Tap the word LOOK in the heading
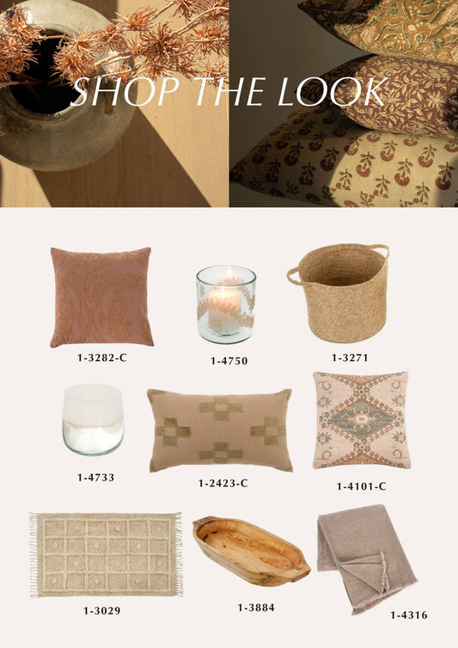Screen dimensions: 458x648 (333, 92)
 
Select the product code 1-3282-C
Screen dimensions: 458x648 (101, 358)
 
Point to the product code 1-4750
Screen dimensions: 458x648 (229, 361)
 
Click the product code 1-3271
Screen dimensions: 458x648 (350, 358)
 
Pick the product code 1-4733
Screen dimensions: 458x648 (95, 477)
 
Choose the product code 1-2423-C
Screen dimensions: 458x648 (223, 483)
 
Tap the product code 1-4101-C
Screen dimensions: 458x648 (361, 486)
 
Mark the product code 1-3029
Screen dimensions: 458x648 (101, 611)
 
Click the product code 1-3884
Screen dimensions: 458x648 (256, 608)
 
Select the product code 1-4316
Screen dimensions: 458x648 (409, 615)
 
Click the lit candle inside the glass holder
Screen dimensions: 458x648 (224, 308)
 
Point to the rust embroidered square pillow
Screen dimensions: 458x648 (101, 297)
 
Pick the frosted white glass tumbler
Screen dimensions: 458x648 (94, 419)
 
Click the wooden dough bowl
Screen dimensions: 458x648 (251, 551)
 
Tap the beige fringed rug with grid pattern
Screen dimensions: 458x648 (106, 554)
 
